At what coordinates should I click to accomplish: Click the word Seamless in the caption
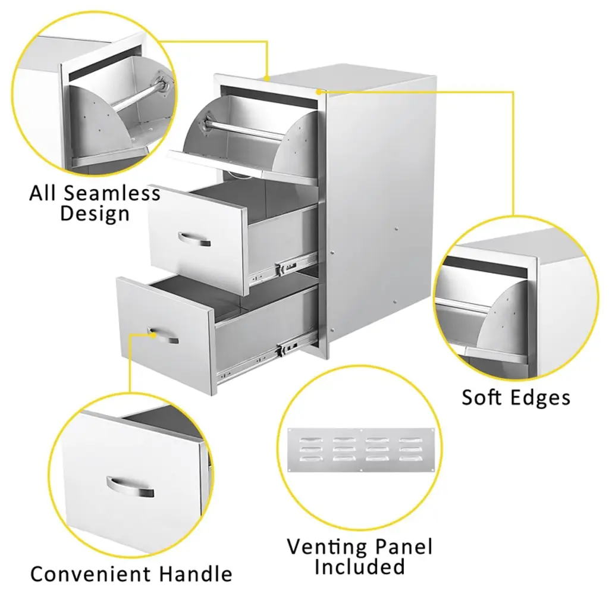click(112, 193)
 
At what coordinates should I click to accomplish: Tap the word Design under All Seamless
click(95, 214)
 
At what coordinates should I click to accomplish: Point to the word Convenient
click(90, 574)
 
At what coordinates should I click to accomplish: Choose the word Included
click(360, 567)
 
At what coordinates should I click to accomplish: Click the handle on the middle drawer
click(194, 240)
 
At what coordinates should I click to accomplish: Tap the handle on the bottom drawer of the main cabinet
click(164, 335)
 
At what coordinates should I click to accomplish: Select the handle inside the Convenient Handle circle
click(130, 487)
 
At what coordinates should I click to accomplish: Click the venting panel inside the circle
click(361, 450)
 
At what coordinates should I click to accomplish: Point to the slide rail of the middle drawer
click(284, 268)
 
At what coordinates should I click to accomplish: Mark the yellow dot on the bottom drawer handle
click(153, 334)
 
